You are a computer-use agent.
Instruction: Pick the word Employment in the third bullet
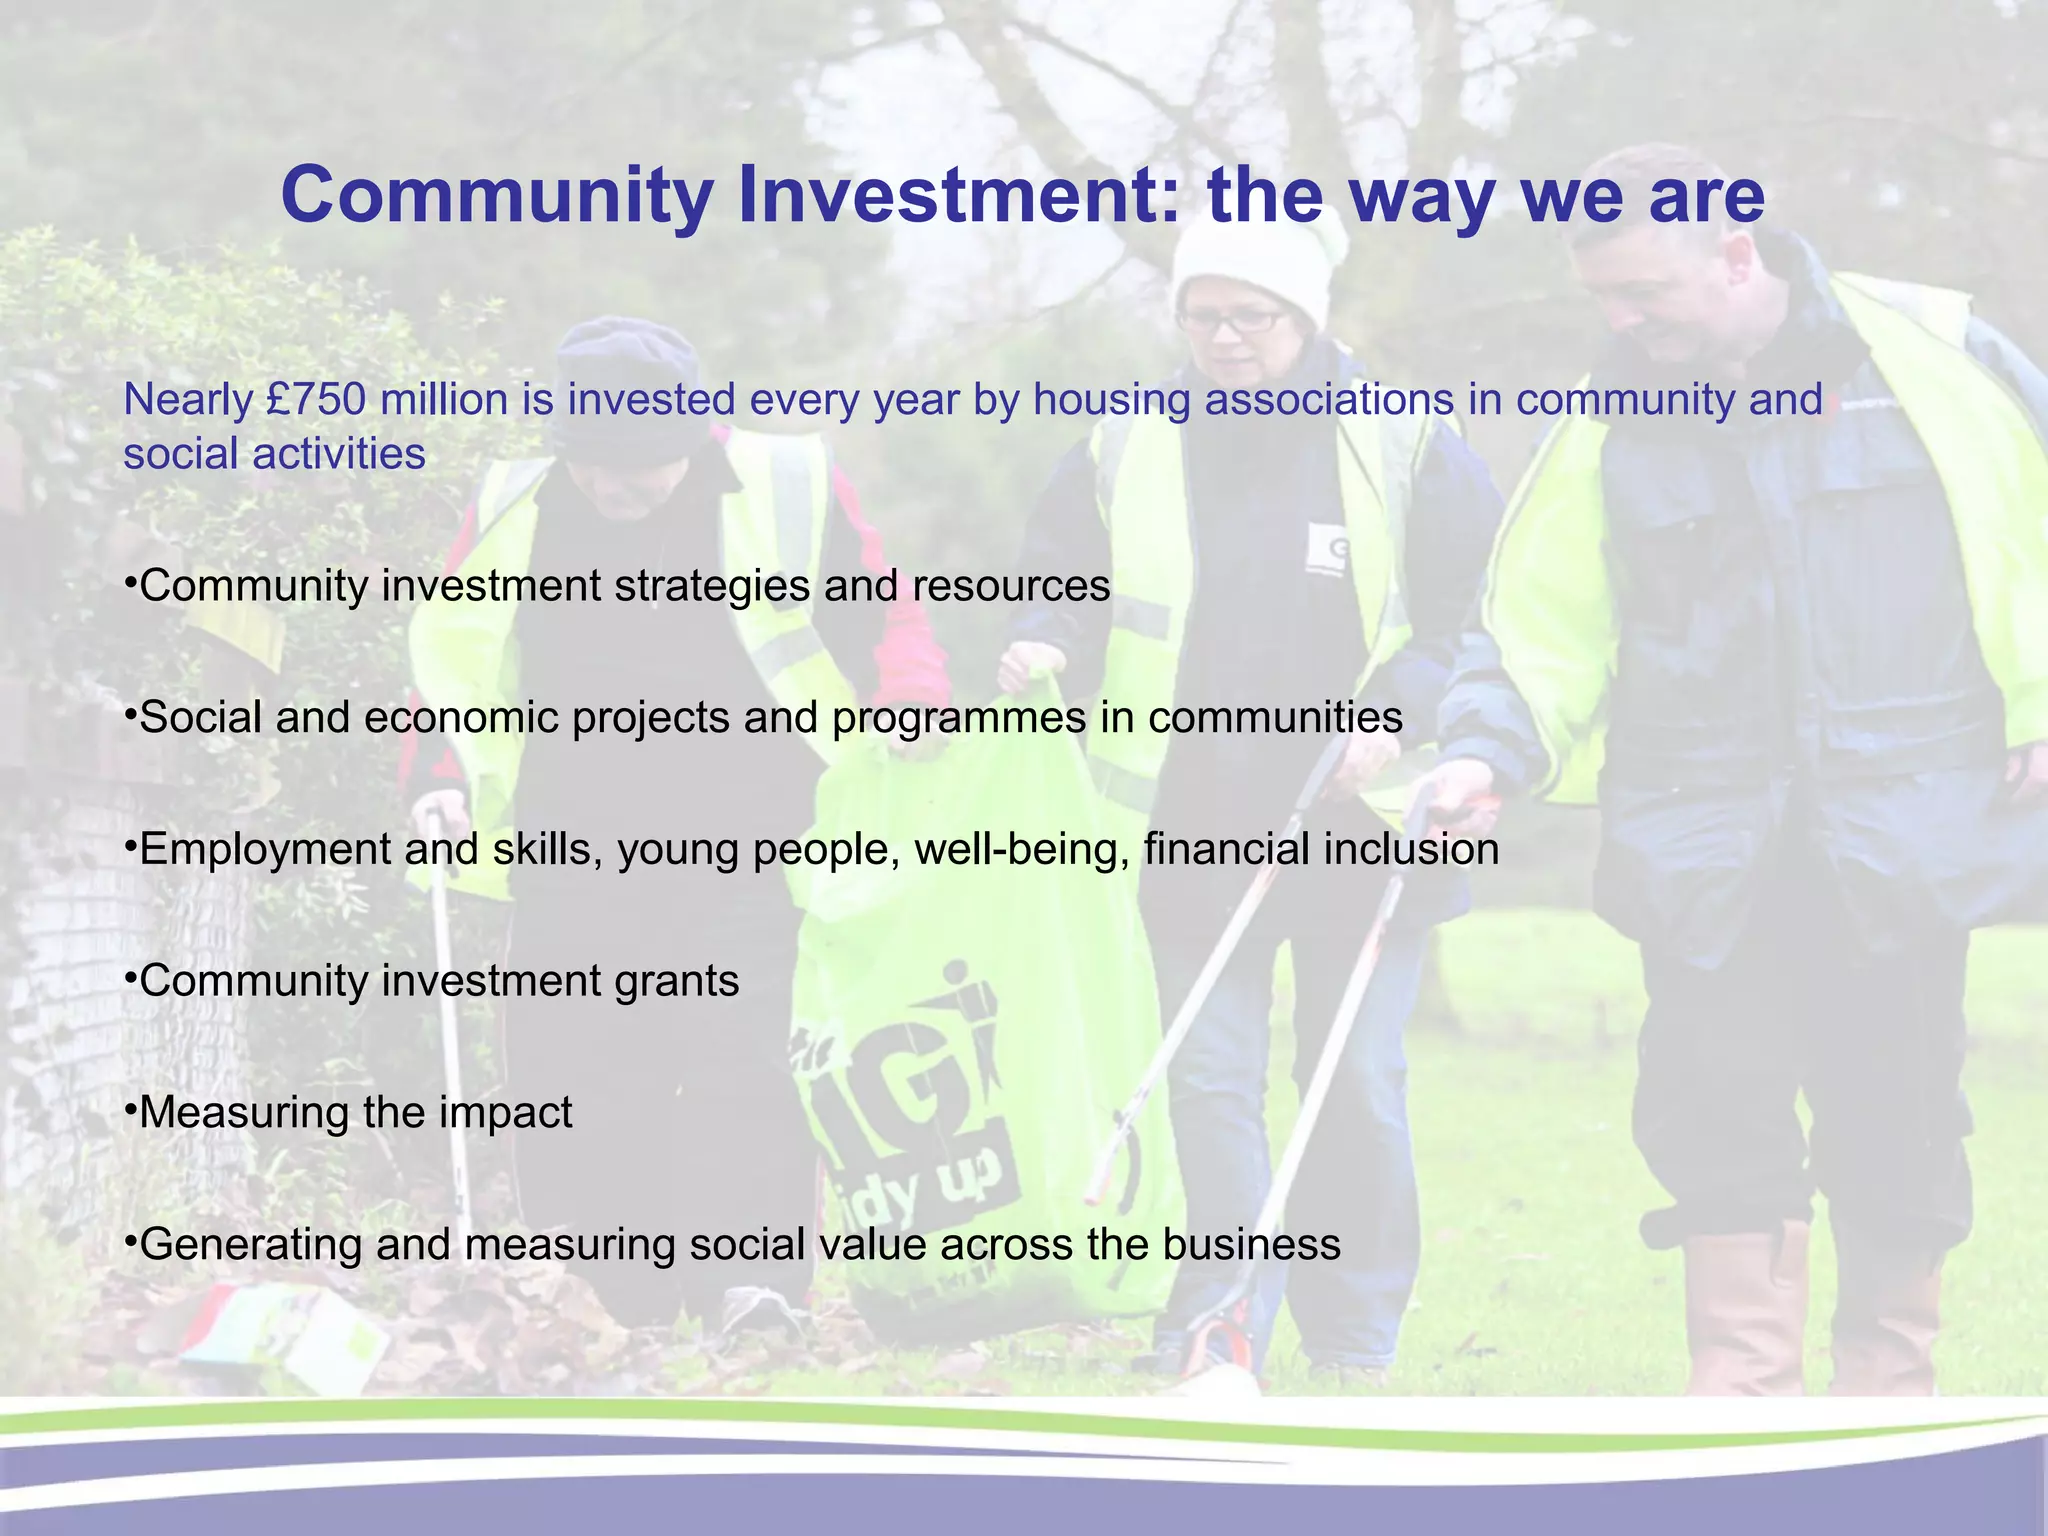pyautogui.click(x=264, y=850)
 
